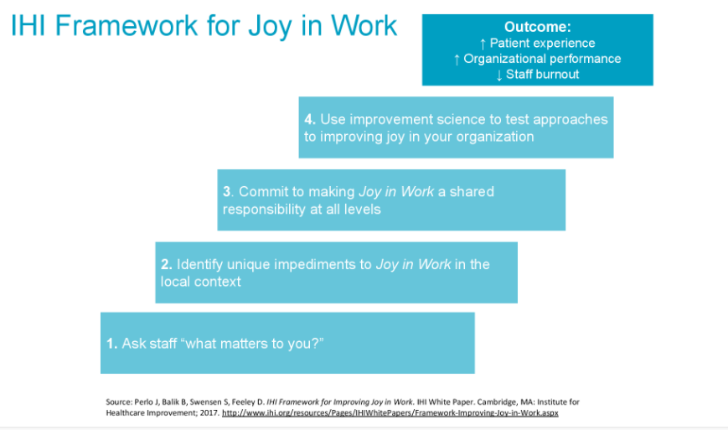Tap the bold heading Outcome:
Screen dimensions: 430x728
(537, 28)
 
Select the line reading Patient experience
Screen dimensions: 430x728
(537, 44)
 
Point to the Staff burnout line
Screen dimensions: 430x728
(537, 74)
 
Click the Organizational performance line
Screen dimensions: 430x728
(537, 59)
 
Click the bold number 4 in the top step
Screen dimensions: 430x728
(309, 119)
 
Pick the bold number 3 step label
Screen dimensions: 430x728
(227, 192)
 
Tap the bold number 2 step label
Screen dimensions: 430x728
(165, 264)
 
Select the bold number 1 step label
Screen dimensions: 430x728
(111, 344)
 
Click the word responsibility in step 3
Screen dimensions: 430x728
(266, 209)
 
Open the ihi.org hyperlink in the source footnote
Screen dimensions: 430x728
(390, 413)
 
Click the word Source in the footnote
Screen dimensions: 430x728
(119, 402)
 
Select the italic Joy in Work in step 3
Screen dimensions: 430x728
(396, 192)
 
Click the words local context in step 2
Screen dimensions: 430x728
(201, 282)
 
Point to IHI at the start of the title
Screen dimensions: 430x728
(32, 26)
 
